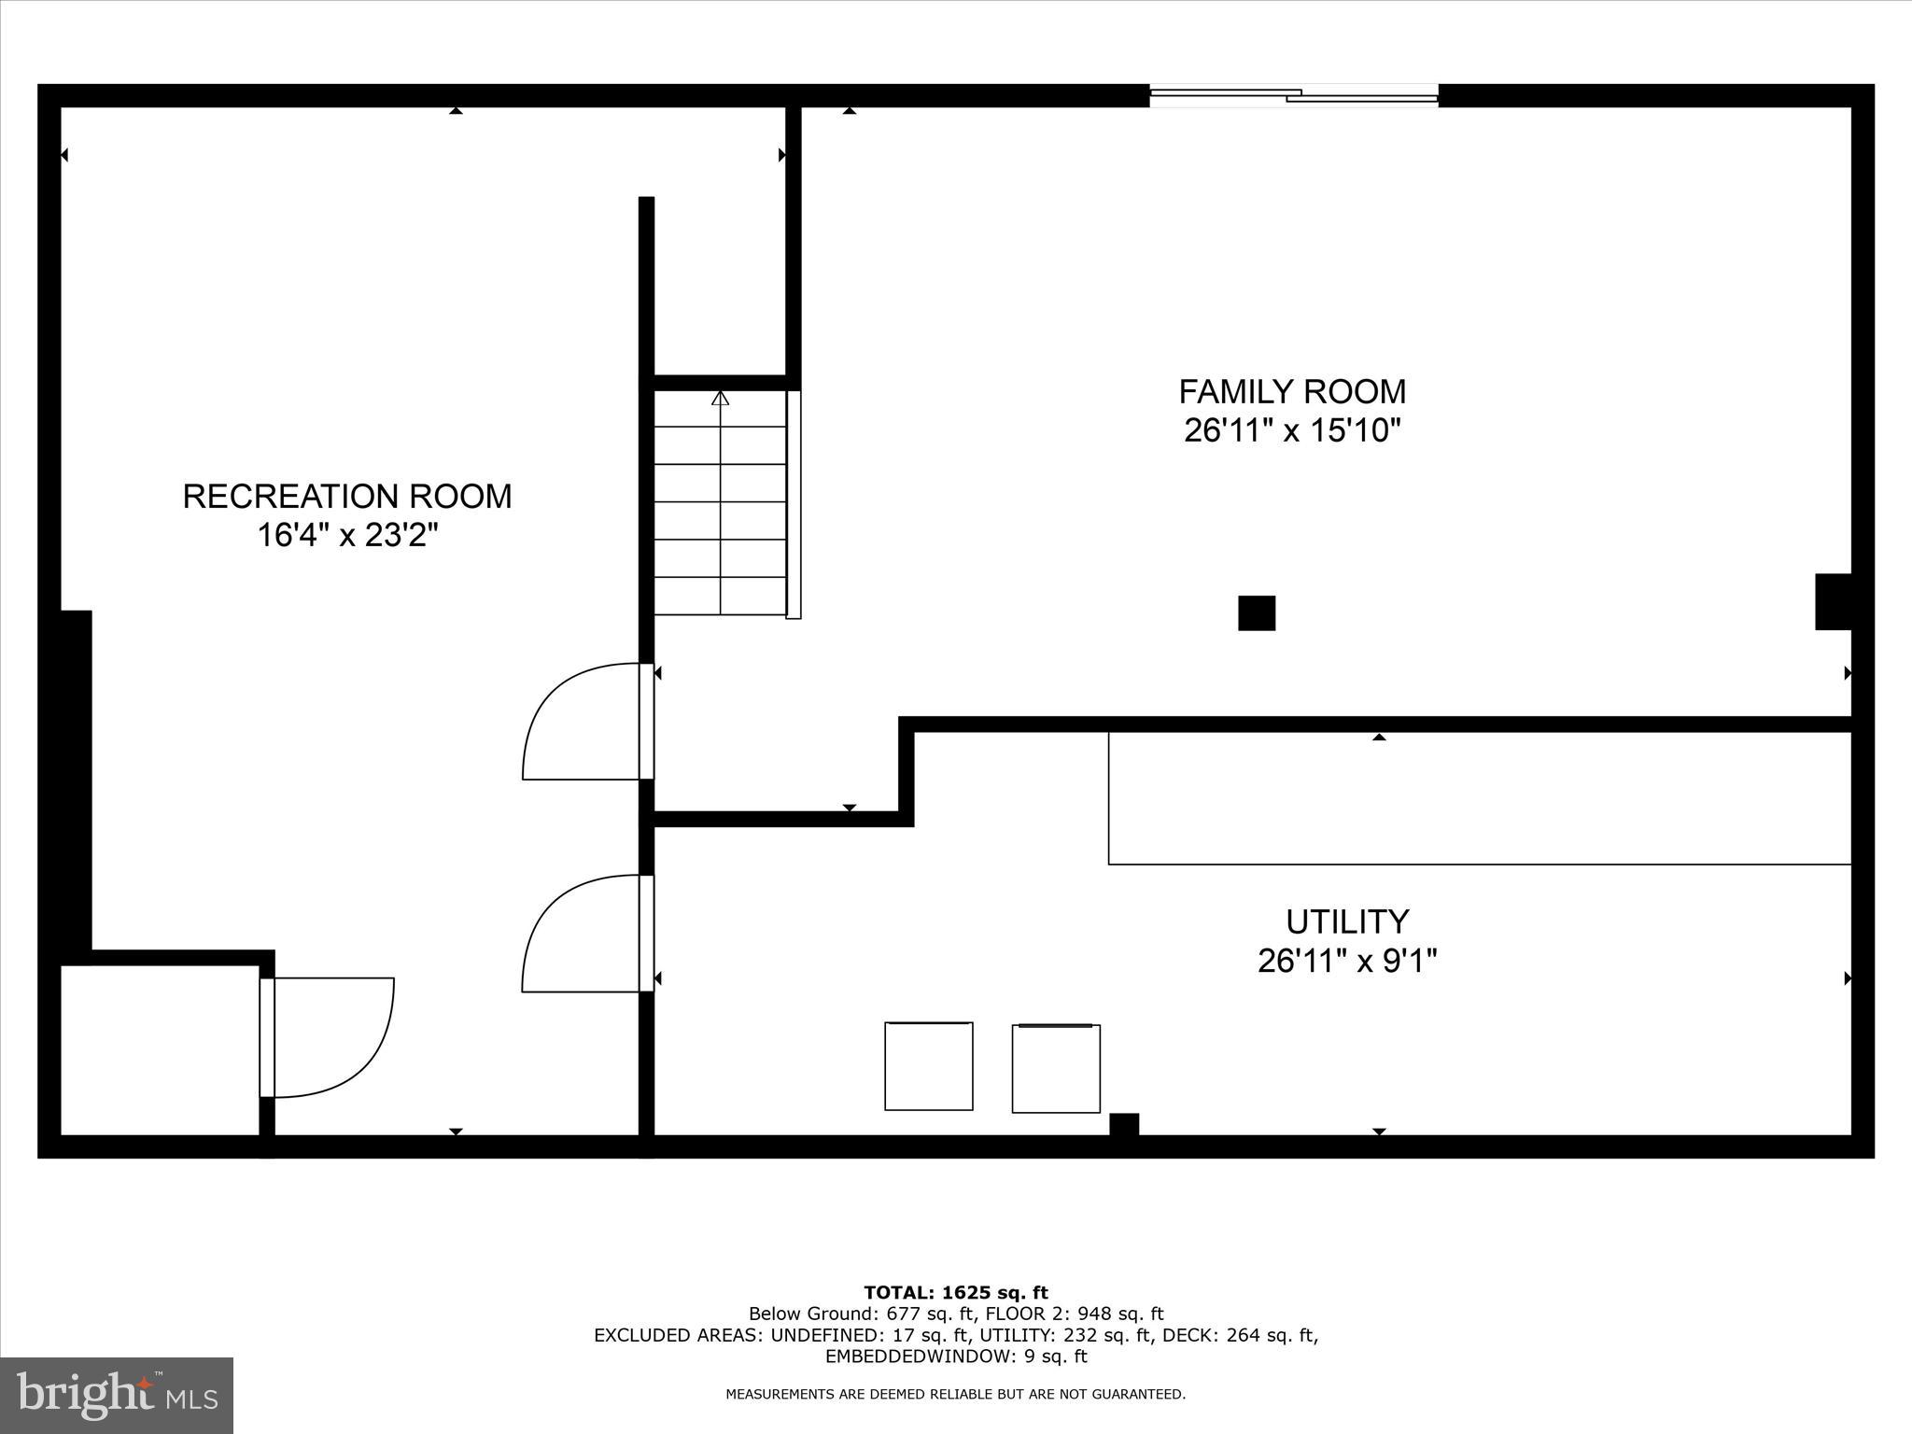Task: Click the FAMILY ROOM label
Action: point(1292,391)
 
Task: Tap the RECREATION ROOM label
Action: point(347,496)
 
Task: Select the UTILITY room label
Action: point(1346,921)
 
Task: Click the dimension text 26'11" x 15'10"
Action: point(1292,431)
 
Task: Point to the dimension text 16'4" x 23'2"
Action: point(347,536)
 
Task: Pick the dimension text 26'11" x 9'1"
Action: point(1346,961)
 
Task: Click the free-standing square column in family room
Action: point(1257,613)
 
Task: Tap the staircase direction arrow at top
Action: point(720,399)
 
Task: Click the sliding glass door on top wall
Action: point(1293,94)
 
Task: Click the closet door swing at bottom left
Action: point(331,1036)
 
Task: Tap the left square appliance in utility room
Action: point(929,1066)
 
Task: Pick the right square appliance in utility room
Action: point(1056,1068)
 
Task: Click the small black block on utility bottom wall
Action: point(1124,1124)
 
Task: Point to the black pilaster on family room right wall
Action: point(1833,601)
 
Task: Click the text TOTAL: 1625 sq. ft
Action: point(955,1293)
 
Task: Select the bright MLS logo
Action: point(117,1395)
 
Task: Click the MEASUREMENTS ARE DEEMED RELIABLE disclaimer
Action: point(955,1394)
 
